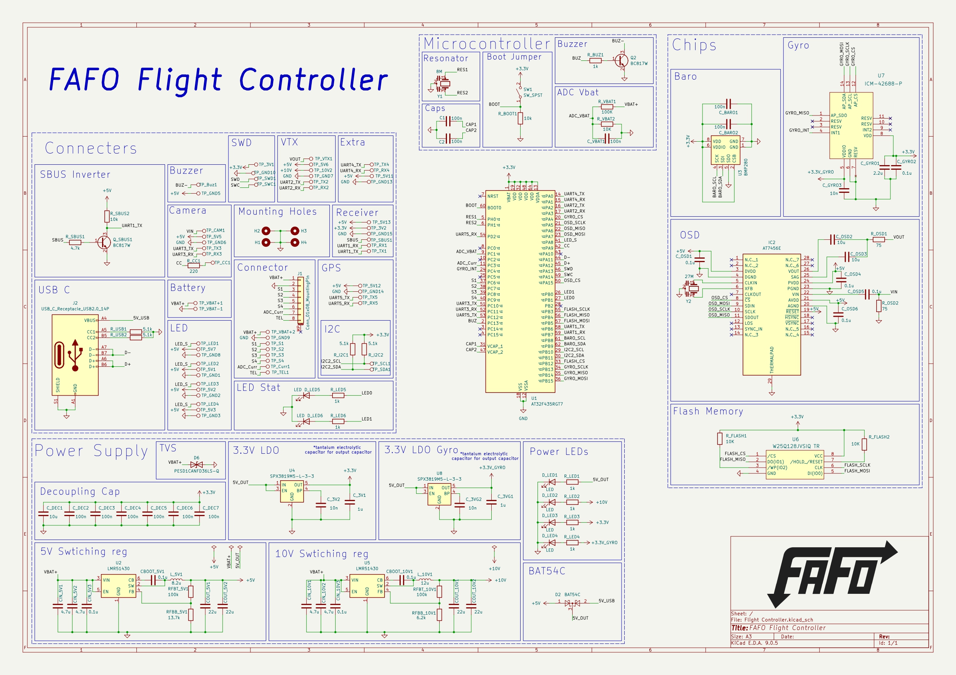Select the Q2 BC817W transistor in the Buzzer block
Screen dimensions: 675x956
tap(621, 61)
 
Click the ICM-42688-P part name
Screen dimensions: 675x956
tap(883, 84)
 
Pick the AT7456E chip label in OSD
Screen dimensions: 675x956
tap(771, 248)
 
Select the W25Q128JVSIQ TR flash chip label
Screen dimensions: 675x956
tap(796, 446)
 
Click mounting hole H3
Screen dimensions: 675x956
tap(295, 231)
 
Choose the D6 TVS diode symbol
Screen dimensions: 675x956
tap(197, 464)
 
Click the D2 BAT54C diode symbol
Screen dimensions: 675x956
tap(573, 603)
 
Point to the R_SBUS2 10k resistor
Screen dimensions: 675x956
tap(107, 216)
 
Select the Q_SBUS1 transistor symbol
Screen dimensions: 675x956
tap(104, 242)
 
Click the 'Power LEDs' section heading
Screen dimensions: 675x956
tap(559, 452)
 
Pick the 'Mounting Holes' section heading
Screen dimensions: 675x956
tap(277, 212)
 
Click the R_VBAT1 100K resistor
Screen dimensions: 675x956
tap(607, 107)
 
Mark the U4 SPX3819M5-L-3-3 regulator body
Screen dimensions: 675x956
tap(291, 491)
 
